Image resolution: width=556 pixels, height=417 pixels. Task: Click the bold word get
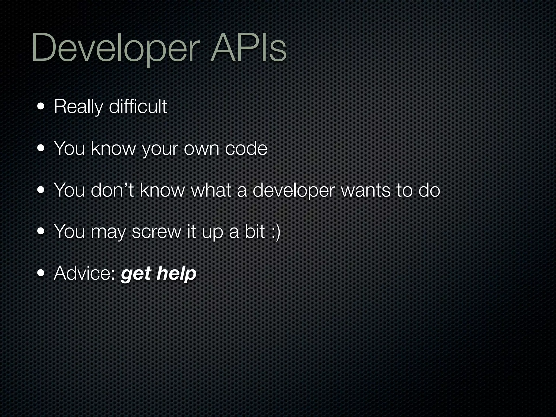pos(136,274)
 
